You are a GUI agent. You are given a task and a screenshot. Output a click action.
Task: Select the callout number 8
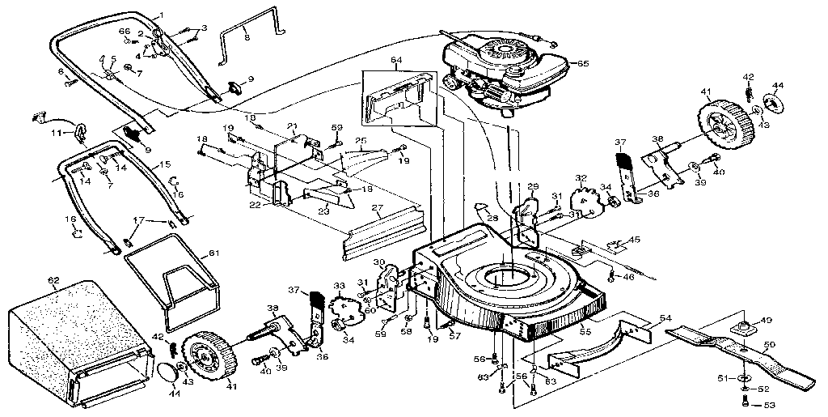[x=247, y=37]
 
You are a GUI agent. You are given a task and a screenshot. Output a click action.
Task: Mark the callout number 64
[x=396, y=59]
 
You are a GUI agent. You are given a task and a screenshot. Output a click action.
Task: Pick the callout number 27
[x=377, y=207]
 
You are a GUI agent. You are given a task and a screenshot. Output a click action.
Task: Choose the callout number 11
[x=57, y=132]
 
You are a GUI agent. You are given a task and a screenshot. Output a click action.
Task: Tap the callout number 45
[x=635, y=239]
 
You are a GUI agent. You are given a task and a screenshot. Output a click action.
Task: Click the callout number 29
[x=533, y=187]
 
